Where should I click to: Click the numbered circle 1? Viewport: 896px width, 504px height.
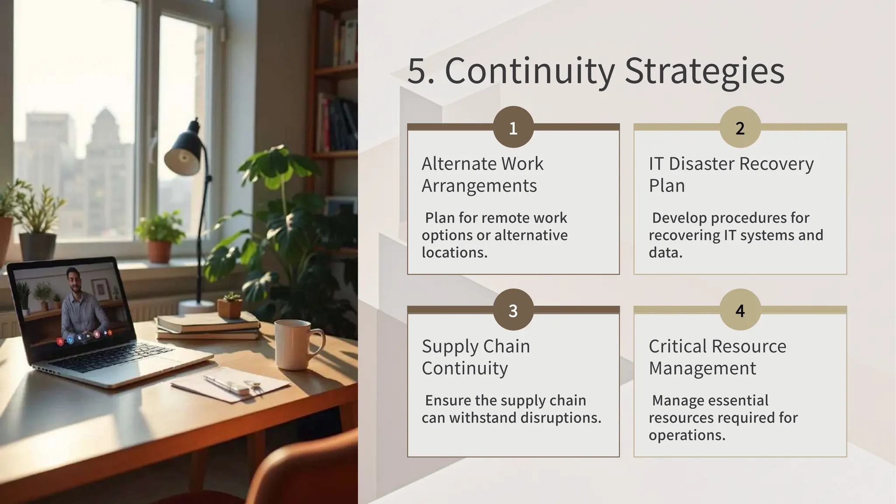513,127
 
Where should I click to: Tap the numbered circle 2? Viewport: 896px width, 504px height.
740,127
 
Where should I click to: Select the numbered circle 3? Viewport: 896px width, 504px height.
513,310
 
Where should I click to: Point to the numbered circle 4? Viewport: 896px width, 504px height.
740,310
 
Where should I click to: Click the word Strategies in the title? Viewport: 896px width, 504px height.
704,71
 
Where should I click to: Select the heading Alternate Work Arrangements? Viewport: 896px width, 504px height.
482,175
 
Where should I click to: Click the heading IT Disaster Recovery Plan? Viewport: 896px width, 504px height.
731,175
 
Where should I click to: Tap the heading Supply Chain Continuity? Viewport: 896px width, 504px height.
476,357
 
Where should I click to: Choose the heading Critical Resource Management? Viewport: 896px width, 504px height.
717,357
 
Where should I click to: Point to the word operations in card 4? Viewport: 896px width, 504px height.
687,435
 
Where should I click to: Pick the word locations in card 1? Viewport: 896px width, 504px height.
454,252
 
